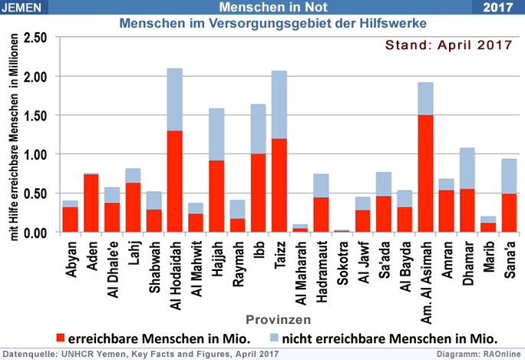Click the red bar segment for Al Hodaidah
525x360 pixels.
coord(175,181)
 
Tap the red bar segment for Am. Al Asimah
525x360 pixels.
coord(425,173)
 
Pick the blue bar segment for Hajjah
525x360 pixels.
coord(216,134)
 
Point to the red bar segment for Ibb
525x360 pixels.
coord(258,193)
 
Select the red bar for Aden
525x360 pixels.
coord(91,203)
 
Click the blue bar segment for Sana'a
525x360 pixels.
coord(508,176)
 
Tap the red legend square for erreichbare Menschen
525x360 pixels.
coord(61,337)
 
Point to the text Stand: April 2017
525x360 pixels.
coord(448,45)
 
